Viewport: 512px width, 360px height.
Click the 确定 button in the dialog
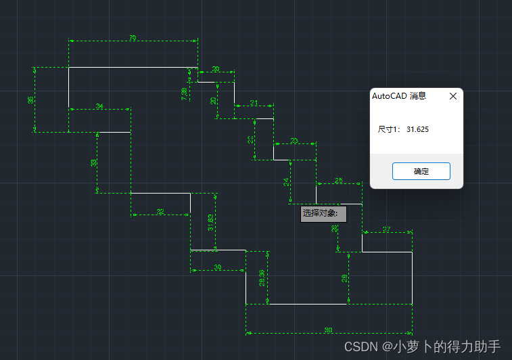click(421, 171)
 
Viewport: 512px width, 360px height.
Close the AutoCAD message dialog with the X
click(453, 96)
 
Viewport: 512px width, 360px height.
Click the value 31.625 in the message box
click(418, 129)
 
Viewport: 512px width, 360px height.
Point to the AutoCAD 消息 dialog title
click(399, 96)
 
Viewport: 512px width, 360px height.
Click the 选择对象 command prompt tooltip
click(323, 214)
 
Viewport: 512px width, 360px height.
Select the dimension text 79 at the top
click(133, 39)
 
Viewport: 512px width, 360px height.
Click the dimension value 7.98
click(184, 94)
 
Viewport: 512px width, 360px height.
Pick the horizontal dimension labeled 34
click(99, 107)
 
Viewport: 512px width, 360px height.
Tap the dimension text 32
click(160, 212)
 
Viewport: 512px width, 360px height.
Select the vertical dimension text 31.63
click(211, 223)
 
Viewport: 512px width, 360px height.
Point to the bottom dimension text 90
click(329, 330)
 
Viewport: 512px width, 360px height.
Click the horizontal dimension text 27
click(387, 230)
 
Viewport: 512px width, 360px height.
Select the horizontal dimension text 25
click(339, 181)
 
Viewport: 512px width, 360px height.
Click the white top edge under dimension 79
click(133, 68)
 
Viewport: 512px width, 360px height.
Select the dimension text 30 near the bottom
click(218, 268)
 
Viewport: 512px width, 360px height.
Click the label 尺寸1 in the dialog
click(389, 129)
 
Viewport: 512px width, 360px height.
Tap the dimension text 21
click(254, 103)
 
